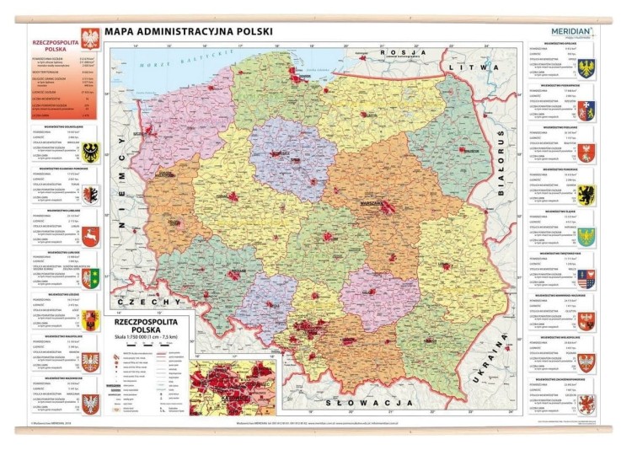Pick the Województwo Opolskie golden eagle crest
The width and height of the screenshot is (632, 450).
point(586,68)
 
